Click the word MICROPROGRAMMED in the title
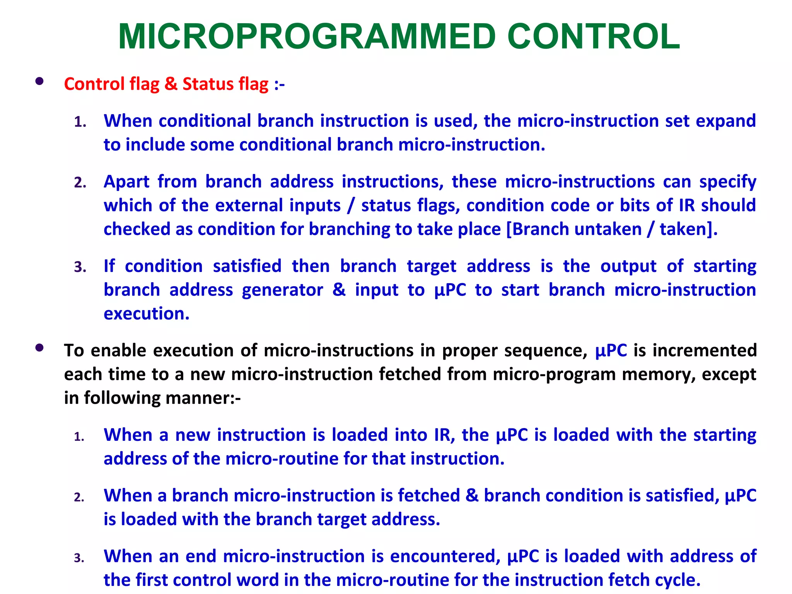tap(307, 37)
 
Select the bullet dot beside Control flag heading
tap(39, 81)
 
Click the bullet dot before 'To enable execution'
tap(39, 348)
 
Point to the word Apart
tap(126, 182)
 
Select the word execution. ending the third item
tap(147, 314)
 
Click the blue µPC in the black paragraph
tap(611, 351)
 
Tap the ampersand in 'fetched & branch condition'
tap(472, 496)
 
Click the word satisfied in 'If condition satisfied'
tap(247, 266)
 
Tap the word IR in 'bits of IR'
tap(687, 205)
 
